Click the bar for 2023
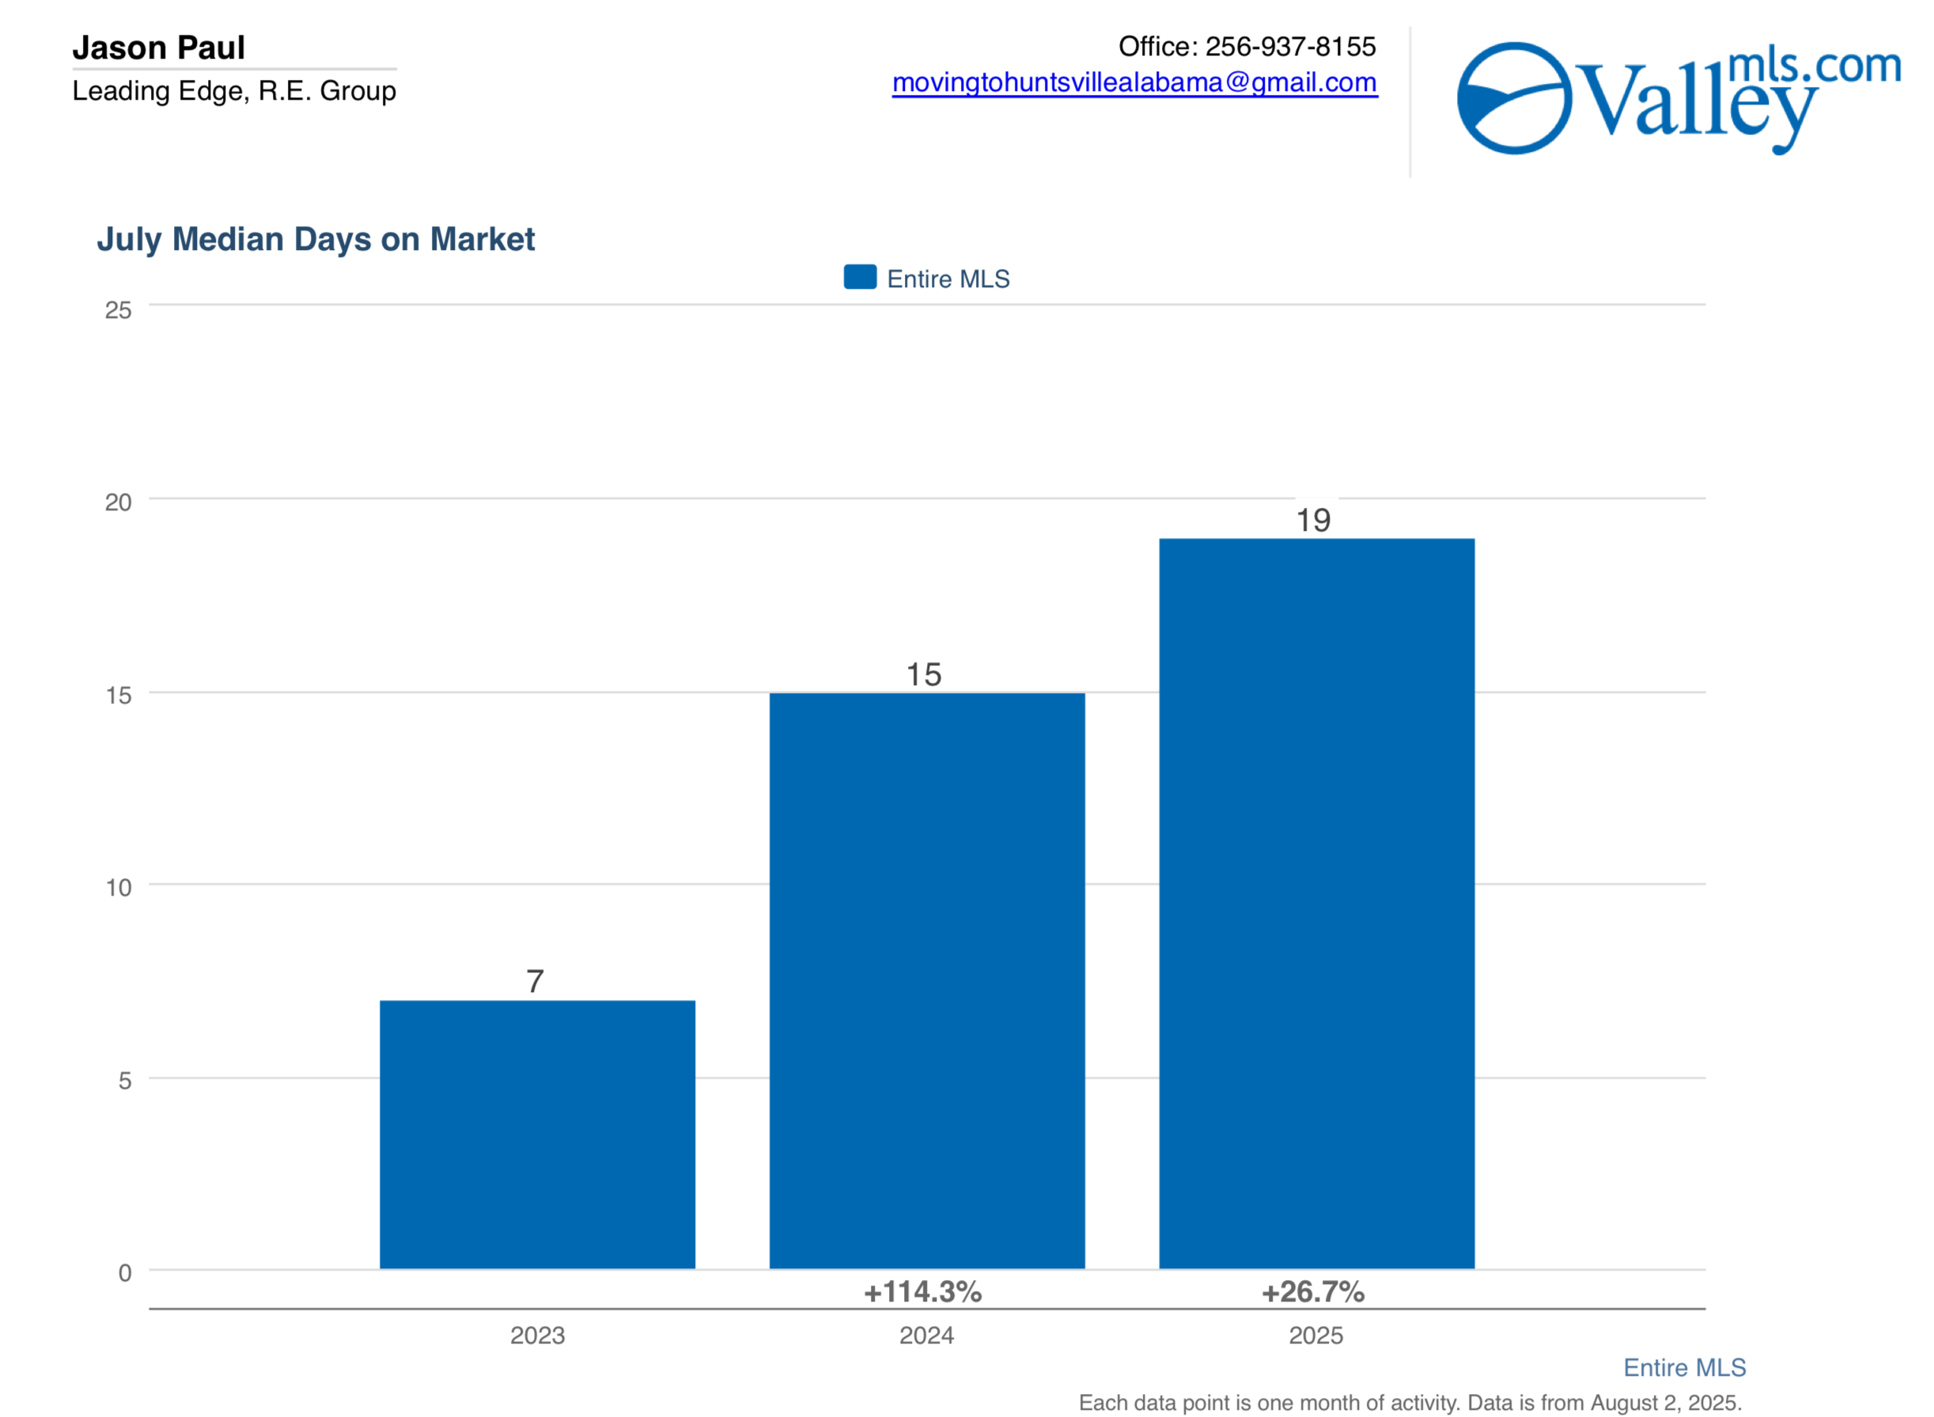coord(537,1134)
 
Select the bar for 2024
coord(926,980)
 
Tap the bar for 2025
coord(1315,904)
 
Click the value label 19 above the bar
coord(1312,521)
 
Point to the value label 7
coord(536,981)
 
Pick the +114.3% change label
coord(922,1292)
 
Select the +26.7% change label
coord(1312,1292)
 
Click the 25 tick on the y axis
coord(119,310)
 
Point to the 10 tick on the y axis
coord(119,888)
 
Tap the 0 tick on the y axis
coord(124,1273)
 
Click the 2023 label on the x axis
coord(537,1336)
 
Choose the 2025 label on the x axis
coord(1315,1336)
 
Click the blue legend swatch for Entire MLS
coord(859,277)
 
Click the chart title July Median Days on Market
coord(316,239)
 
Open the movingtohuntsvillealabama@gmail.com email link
coord(1134,82)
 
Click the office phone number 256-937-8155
coord(1290,47)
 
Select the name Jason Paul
coord(159,48)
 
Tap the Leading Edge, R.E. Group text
coord(234,91)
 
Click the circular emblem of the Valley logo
coord(1514,98)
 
